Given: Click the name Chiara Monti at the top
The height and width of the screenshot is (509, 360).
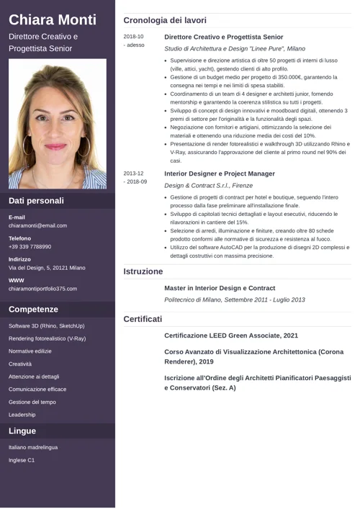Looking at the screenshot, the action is [x=52, y=19].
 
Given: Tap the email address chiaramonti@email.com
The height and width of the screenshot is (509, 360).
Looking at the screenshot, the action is [x=37, y=225].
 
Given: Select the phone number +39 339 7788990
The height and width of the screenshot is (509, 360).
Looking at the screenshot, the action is [x=30, y=246].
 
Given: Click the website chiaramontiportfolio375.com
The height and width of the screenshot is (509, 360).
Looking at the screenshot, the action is [x=42, y=289].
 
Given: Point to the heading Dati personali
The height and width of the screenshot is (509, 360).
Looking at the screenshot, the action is [x=36, y=201].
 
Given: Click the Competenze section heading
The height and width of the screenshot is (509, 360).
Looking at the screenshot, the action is [x=33, y=310].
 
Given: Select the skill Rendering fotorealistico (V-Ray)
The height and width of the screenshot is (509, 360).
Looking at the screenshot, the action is [x=47, y=338].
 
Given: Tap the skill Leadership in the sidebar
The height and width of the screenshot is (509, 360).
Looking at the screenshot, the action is [x=22, y=415].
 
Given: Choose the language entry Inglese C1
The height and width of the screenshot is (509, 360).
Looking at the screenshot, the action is [x=22, y=460].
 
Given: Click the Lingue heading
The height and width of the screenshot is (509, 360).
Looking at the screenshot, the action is [x=22, y=431].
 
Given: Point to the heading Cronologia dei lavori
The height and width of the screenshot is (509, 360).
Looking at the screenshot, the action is [x=165, y=21].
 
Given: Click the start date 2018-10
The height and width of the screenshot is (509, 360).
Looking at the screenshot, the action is [x=133, y=37].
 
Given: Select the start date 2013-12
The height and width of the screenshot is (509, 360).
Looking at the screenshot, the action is [x=133, y=174].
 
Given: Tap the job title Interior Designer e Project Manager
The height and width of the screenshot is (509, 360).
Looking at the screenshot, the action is [x=220, y=174].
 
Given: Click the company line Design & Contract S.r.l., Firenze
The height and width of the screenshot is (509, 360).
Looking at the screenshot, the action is [x=208, y=186].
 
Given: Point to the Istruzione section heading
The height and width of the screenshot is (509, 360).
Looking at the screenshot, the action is [x=143, y=271].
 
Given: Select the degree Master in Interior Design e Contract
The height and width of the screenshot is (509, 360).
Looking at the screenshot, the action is [x=220, y=288].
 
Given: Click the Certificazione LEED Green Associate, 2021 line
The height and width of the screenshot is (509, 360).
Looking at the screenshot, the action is [x=231, y=335].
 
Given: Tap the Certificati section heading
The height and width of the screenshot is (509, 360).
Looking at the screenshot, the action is [x=143, y=318].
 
